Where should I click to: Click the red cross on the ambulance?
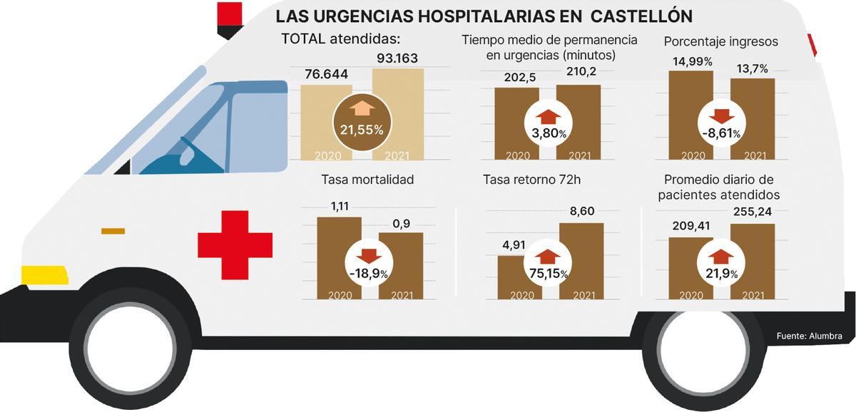pyautogui.click(x=235, y=244)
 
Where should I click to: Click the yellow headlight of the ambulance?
pyautogui.click(x=44, y=274)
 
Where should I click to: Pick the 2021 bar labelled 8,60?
pyautogui.click(x=581, y=260)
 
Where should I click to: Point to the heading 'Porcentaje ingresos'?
pyautogui.click(x=720, y=41)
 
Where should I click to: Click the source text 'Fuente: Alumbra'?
pyautogui.click(x=809, y=336)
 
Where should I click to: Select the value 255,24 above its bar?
pyautogui.click(x=752, y=211)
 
